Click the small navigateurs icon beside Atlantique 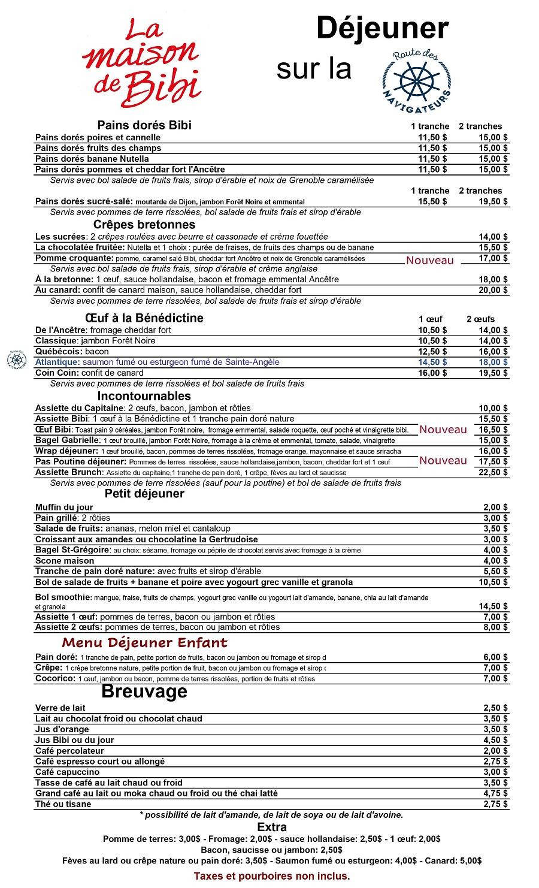tap(16, 359)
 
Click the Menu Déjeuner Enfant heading tap(144, 643)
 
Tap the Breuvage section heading tap(144, 691)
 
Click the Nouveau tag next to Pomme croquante tap(429, 260)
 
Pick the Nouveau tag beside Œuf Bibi tap(443, 430)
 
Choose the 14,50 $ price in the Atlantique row tap(432, 362)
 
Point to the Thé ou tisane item tap(63, 804)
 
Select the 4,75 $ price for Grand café tap(495, 793)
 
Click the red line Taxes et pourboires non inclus tap(271, 876)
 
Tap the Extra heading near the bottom tap(271, 827)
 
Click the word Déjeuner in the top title tap(382, 29)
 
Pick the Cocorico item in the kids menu tap(55, 679)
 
